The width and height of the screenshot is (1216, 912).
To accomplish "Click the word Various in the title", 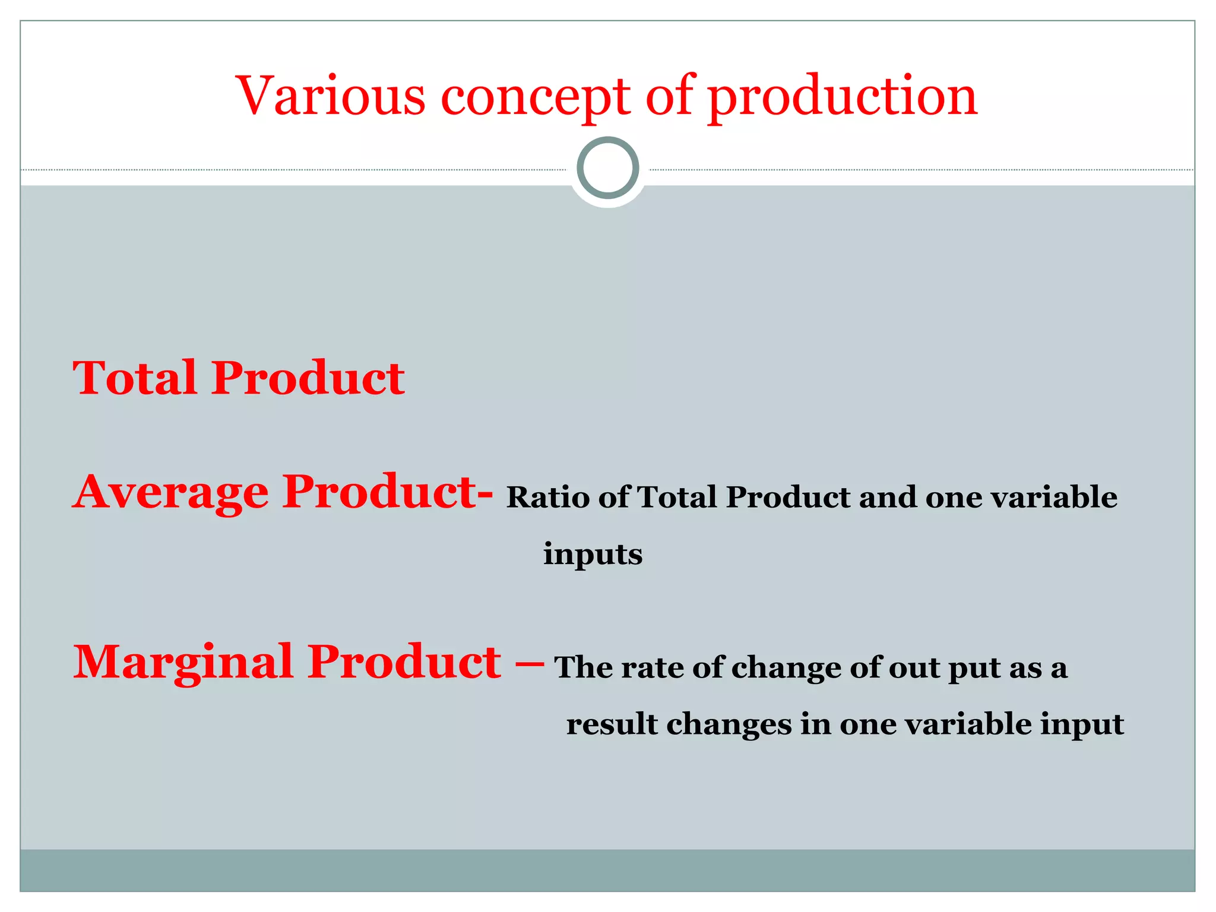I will [331, 96].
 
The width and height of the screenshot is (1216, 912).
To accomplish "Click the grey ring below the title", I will [607, 167].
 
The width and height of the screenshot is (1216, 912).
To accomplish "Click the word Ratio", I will [547, 497].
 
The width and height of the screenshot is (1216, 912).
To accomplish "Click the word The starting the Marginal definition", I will [584, 667].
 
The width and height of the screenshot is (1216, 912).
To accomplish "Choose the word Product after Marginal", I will [404, 663].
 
